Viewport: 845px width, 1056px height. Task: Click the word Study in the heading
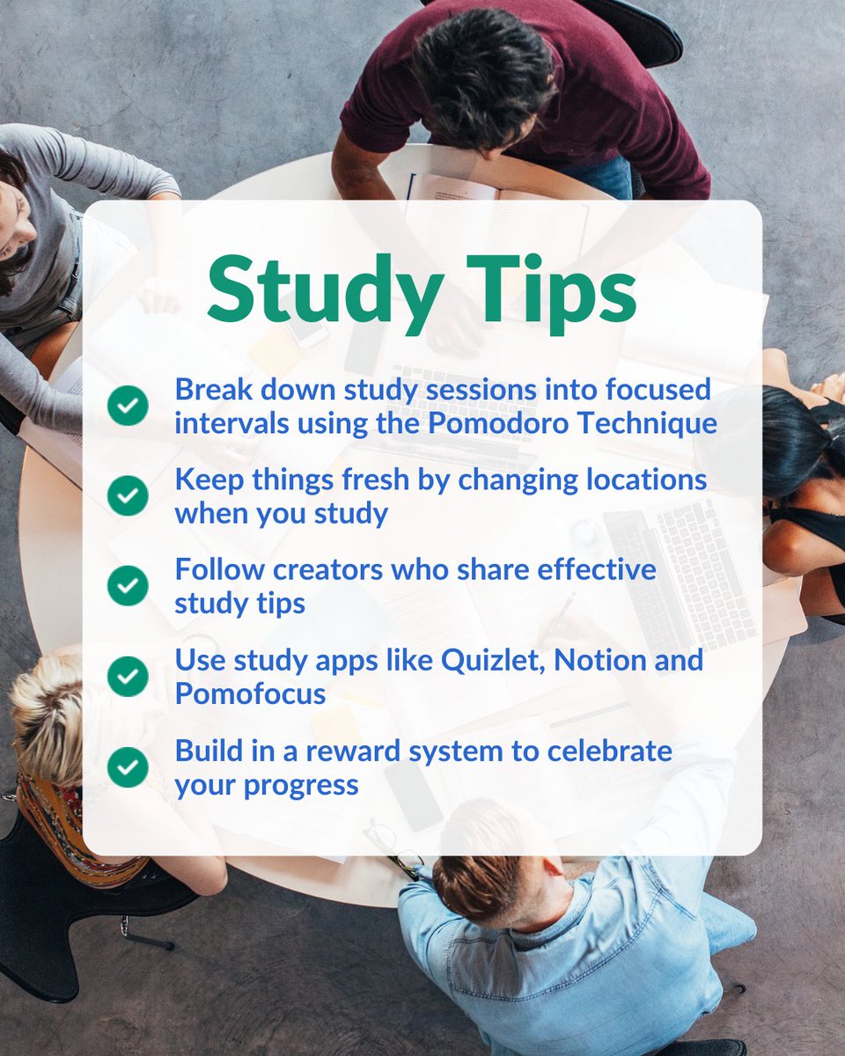click(x=320, y=287)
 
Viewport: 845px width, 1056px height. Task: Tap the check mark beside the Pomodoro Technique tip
click(x=129, y=407)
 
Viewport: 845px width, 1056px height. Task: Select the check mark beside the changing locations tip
click(x=129, y=496)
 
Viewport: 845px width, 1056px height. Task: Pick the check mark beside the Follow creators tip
click(x=129, y=586)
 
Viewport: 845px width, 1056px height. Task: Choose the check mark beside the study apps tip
click(x=129, y=676)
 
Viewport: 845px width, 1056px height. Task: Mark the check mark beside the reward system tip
click(x=129, y=767)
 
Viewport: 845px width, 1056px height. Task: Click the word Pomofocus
click(x=250, y=693)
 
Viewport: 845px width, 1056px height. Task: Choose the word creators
click(x=325, y=569)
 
